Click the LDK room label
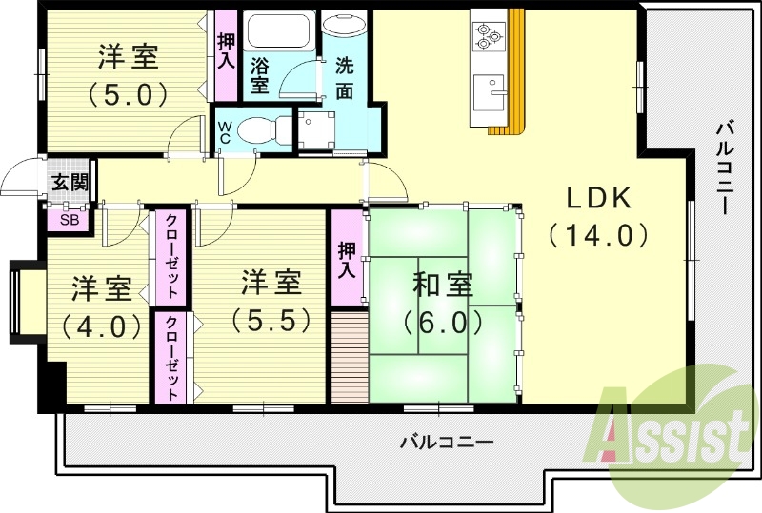tap(599, 198)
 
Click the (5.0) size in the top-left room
tap(128, 94)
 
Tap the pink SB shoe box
tap(69, 219)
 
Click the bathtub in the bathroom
tap(278, 32)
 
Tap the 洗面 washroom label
tap(344, 79)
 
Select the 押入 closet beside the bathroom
tap(226, 52)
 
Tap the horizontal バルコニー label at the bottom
tap(446, 442)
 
